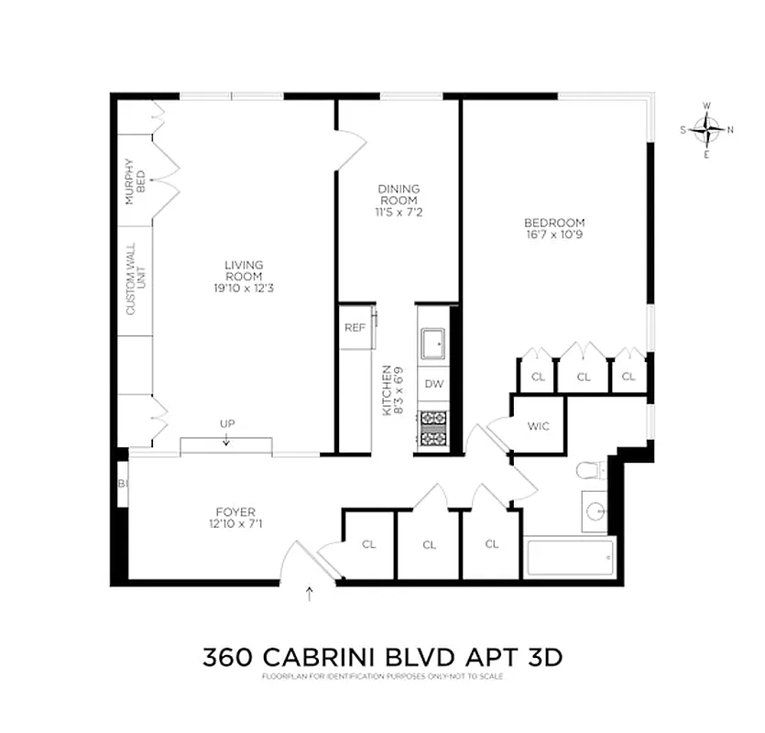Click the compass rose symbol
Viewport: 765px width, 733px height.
pyautogui.click(x=706, y=130)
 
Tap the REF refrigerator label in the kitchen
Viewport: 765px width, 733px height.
pyautogui.click(x=355, y=328)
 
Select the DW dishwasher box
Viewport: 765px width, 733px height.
pyautogui.click(x=433, y=384)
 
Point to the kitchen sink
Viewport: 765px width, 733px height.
pyautogui.click(x=433, y=345)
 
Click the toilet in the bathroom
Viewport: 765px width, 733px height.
pyautogui.click(x=591, y=471)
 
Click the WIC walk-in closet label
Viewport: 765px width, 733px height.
pyautogui.click(x=538, y=425)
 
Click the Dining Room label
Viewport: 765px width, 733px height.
pyautogui.click(x=399, y=195)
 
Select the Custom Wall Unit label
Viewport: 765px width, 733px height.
pyautogui.click(x=135, y=279)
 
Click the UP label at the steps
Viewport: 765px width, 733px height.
pyautogui.click(x=226, y=424)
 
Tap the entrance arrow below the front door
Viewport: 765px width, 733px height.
pyautogui.click(x=309, y=595)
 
